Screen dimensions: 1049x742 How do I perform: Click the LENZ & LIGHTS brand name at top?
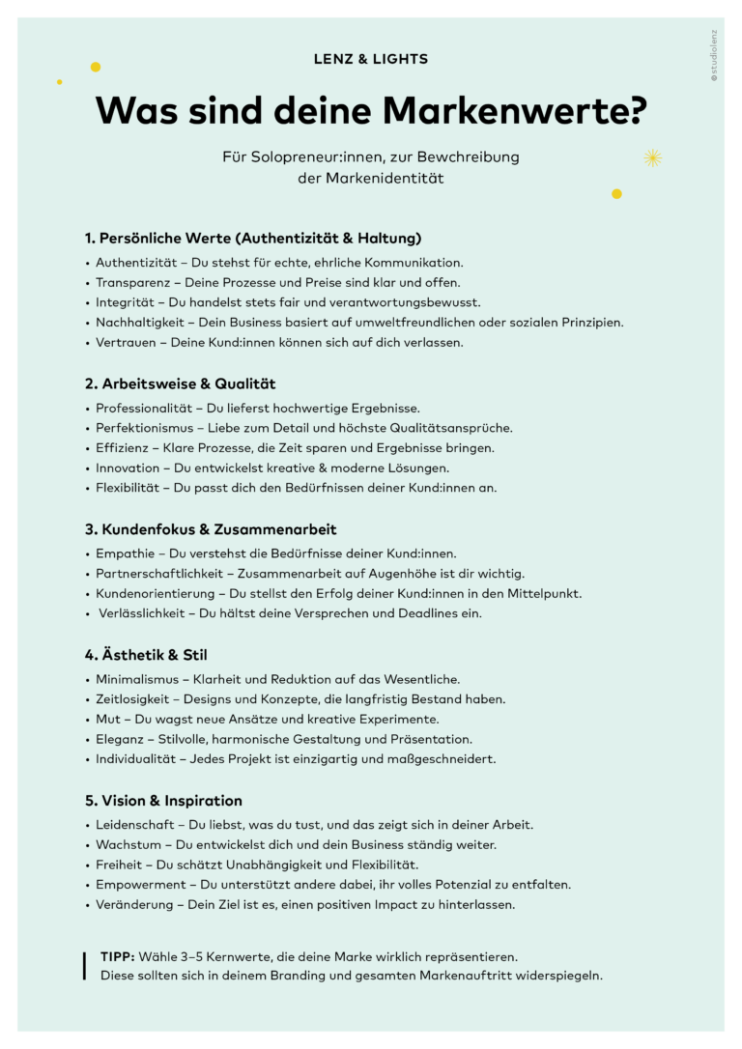click(371, 59)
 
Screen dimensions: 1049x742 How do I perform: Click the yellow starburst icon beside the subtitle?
click(652, 157)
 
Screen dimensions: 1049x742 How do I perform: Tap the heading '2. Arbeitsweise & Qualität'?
click(180, 383)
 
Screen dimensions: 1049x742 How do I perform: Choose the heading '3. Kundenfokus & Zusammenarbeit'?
click(211, 529)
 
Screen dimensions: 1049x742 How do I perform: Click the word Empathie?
click(126, 553)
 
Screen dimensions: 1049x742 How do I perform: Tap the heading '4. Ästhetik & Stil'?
click(146, 655)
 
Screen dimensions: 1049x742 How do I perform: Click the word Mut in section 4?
click(107, 719)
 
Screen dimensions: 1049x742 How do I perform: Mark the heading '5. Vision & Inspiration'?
click(163, 801)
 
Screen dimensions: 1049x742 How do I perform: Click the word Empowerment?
click(140, 885)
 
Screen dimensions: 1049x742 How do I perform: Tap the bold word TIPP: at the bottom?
click(118, 956)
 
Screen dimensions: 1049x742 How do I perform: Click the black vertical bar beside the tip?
click(85, 966)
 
